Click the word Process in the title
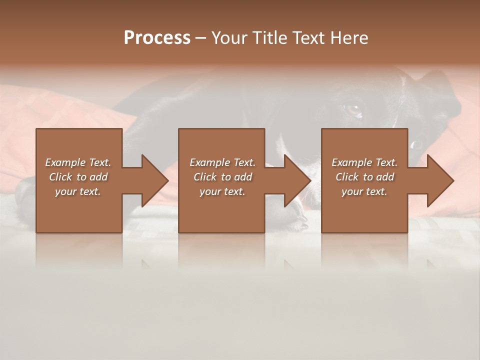(x=157, y=38)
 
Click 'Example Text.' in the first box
(x=78, y=162)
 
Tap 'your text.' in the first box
(x=78, y=191)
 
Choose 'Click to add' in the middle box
(x=222, y=177)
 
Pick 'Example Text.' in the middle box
(x=222, y=162)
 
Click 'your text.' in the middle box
(x=222, y=191)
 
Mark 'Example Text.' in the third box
(x=364, y=162)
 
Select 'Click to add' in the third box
(x=364, y=177)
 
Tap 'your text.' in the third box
(x=364, y=191)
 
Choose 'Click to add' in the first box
(x=78, y=177)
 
